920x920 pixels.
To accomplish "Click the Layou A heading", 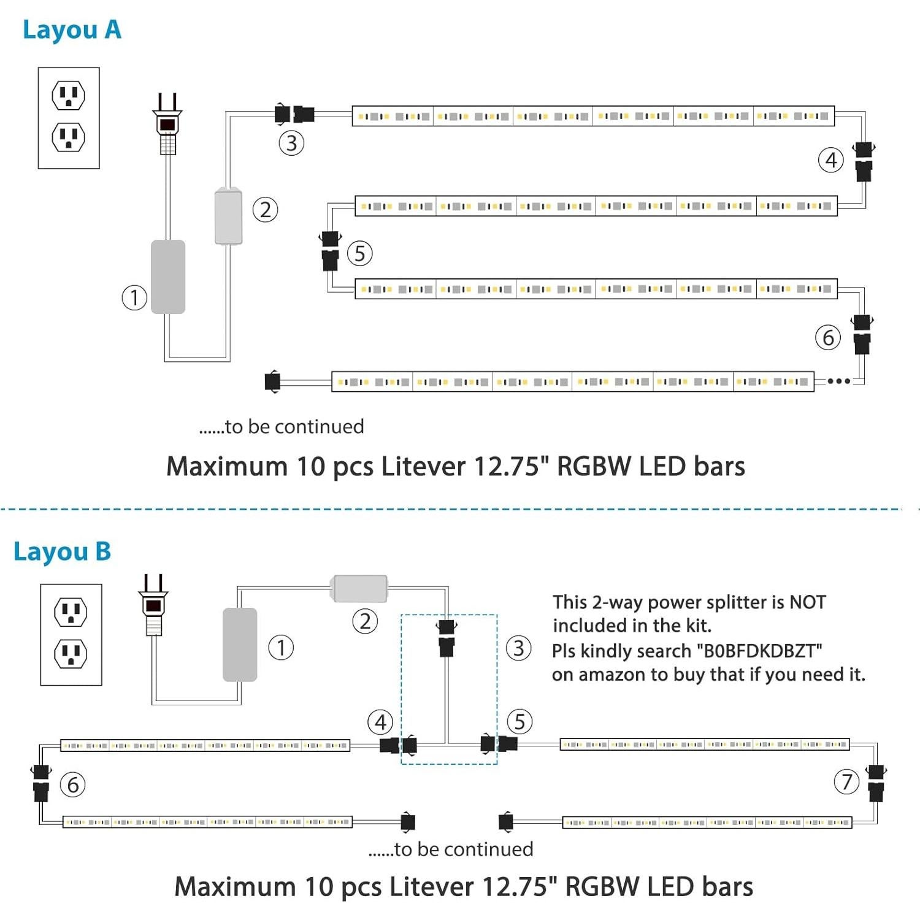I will (x=72, y=30).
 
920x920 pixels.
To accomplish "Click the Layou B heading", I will (x=62, y=551).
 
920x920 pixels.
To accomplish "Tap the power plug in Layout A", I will (x=167, y=126).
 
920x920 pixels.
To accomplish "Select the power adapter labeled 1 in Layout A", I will (x=168, y=277).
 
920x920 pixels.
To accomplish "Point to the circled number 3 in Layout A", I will (x=291, y=144).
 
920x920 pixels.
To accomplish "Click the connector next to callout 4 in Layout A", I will (x=864, y=161).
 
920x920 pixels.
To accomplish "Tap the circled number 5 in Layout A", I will (x=360, y=254).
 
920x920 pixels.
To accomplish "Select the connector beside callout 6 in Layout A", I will (x=862, y=334).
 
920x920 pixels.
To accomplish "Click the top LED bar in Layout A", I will (x=592, y=116).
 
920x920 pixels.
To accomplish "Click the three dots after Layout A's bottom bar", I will (x=838, y=381).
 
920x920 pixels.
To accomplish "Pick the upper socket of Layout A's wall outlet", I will (x=69, y=96).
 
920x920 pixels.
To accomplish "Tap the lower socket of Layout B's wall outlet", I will (x=71, y=654).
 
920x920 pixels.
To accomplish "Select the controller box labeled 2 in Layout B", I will (x=360, y=589).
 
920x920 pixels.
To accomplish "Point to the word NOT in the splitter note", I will (x=807, y=602).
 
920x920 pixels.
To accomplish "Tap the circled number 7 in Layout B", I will (x=847, y=782).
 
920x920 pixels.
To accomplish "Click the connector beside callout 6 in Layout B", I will (x=41, y=783).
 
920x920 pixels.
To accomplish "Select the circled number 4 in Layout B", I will (x=380, y=723).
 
